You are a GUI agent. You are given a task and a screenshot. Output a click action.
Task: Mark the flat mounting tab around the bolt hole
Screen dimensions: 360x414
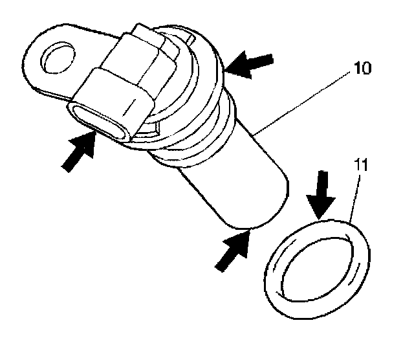(39, 71)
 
